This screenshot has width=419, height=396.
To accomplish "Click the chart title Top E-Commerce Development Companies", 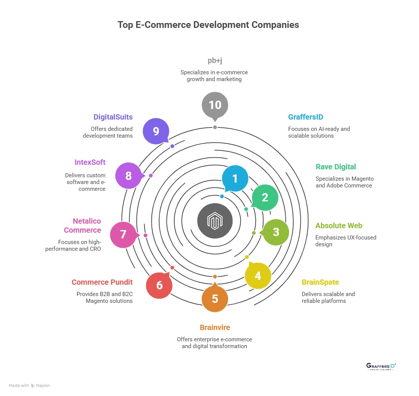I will coord(208,25).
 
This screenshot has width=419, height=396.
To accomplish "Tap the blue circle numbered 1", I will coord(235,178).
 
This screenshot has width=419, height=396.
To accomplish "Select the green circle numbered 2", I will coord(265,197).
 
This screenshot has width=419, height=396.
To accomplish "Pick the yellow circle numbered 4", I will coord(258,276).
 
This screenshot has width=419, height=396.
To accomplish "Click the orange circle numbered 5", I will coord(215,299).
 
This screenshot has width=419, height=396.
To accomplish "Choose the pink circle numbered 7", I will coord(123,235).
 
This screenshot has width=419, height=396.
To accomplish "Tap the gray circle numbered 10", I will coord(215,104).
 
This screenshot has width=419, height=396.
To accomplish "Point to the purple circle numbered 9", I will coord(156,131).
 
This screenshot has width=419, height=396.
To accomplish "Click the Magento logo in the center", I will coord(215,221).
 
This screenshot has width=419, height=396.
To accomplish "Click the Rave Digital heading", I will coord(336,167).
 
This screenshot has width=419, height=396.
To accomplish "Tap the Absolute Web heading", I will coord(339,226).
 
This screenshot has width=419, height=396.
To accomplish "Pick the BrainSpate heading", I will coord(320,282).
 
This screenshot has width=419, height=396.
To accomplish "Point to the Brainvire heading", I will coord(214,327).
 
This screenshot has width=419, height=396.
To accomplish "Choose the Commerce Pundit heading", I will coord(102,282).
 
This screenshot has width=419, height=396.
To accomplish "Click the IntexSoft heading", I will coord(90,162).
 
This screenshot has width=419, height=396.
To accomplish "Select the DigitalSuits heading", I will coord(113,117).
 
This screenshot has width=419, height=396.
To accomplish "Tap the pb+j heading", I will coord(214,60).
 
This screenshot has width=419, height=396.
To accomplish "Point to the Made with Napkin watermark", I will coord(29,385).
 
